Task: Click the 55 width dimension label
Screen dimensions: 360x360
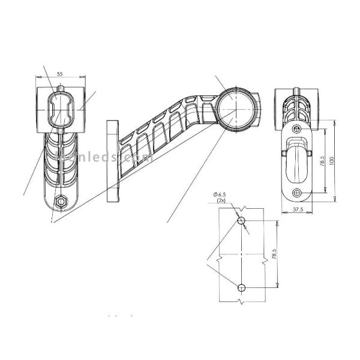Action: [60, 73]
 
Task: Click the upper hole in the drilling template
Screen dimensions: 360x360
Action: [241, 221]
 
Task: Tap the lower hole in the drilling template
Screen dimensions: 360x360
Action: [241, 286]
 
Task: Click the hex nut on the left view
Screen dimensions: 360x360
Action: [60, 203]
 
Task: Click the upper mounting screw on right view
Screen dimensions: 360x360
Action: [296, 129]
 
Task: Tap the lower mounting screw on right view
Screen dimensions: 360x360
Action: [296, 192]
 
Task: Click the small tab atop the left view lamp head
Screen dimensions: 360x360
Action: [61, 88]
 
